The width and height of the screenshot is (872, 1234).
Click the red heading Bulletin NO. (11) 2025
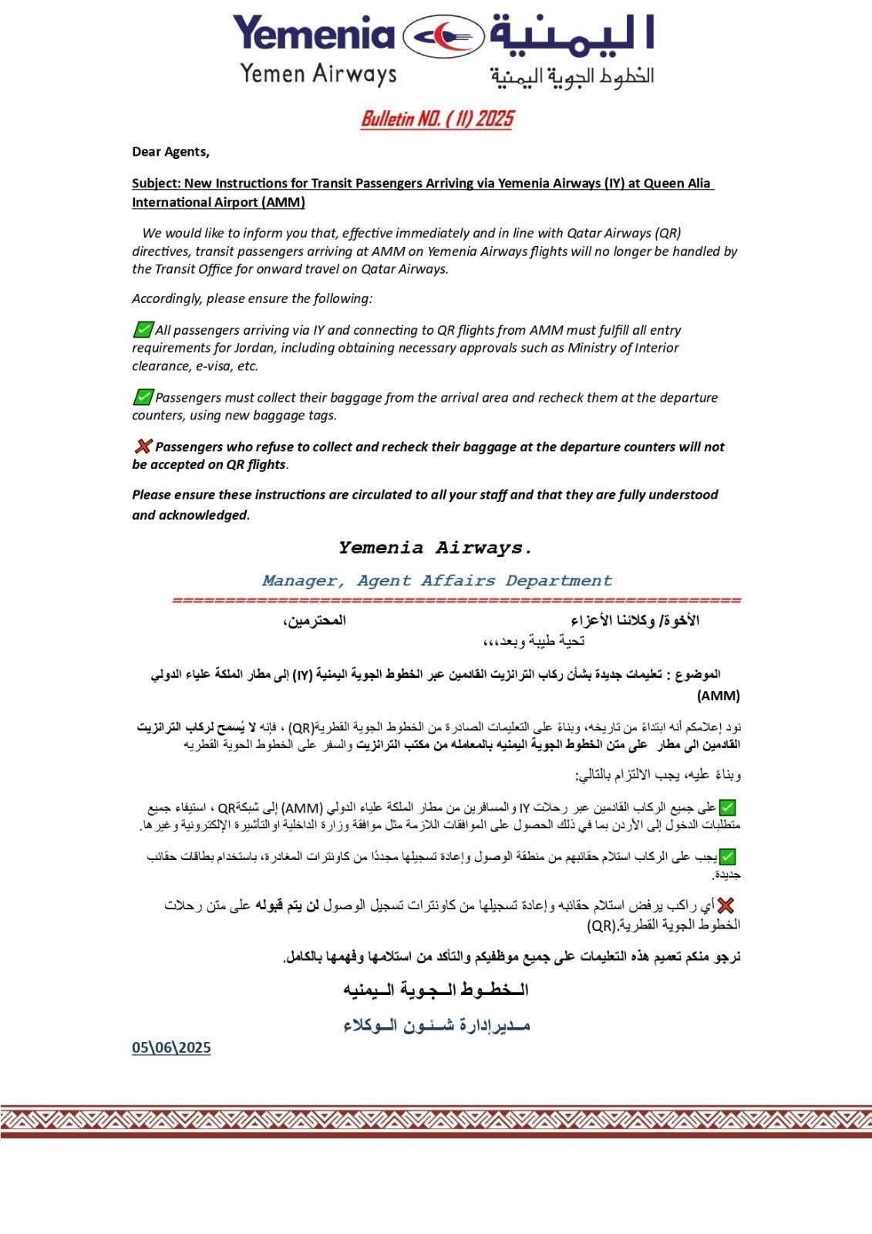point(436,119)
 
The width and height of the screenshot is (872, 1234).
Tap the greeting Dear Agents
point(170,152)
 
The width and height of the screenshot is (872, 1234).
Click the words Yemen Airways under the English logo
point(318,74)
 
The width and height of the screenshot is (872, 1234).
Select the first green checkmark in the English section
point(143,330)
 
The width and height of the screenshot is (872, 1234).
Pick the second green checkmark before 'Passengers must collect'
point(143,397)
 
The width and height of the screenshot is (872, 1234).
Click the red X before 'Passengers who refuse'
point(143,447)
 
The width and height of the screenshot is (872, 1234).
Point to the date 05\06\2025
point(171,1047)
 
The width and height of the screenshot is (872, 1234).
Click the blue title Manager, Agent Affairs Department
point(436,581)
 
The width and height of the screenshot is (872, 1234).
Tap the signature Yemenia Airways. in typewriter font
point(436,548)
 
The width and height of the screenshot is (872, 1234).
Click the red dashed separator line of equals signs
point(456,600)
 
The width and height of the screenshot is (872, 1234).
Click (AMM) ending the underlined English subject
point(283,203)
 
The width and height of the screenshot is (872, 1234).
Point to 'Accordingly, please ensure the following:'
point(252,298)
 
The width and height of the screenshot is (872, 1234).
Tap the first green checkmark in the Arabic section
point(727,807)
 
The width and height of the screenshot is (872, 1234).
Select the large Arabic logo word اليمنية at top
point(571,35)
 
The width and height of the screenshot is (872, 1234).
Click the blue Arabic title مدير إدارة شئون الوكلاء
point(436,1025)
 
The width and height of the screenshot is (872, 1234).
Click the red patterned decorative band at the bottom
point(436,1121)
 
